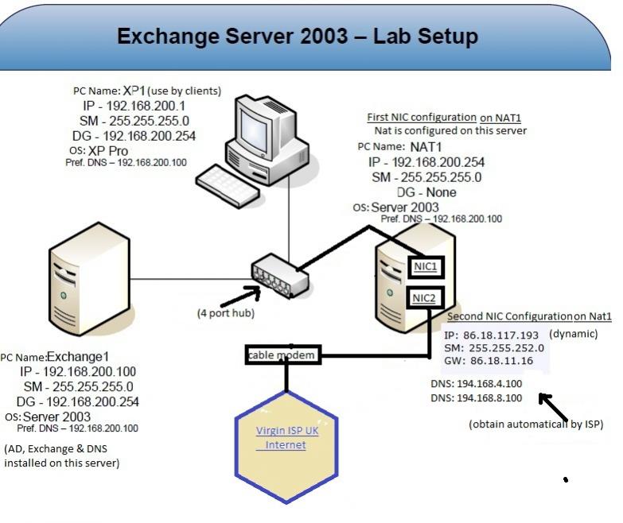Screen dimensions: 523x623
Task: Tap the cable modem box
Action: pyautogui.click(x=282, y=354)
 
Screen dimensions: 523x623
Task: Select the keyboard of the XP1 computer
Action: pyautogui.click(x=229, y=183)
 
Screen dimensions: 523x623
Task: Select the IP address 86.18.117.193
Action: pyautogui.click(x=493, y=335)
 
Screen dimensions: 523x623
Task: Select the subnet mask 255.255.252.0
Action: pyautogui.click(x=504, y=348)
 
